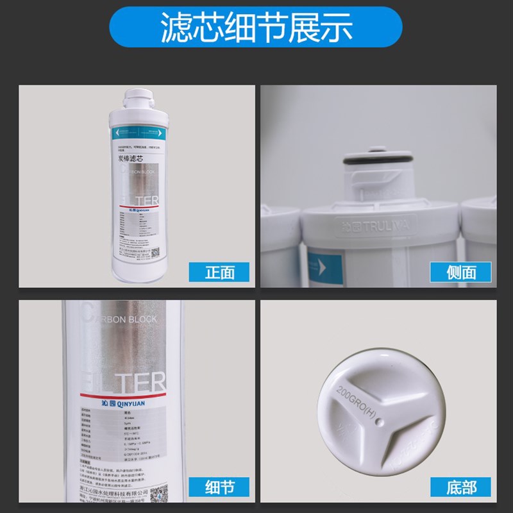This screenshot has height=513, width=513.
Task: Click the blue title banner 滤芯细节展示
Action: tap(256, 28)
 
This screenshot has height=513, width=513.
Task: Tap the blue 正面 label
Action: tap(220, 272)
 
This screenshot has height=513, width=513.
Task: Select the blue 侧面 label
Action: tap(460, 272)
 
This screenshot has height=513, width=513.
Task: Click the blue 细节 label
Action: tap(220, 487)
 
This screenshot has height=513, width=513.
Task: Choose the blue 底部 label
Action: tap(460, 487)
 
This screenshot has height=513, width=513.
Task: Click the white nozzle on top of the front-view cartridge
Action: tap(139, 99)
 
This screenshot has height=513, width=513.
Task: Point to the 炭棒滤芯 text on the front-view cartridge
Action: tap(129, 158)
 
